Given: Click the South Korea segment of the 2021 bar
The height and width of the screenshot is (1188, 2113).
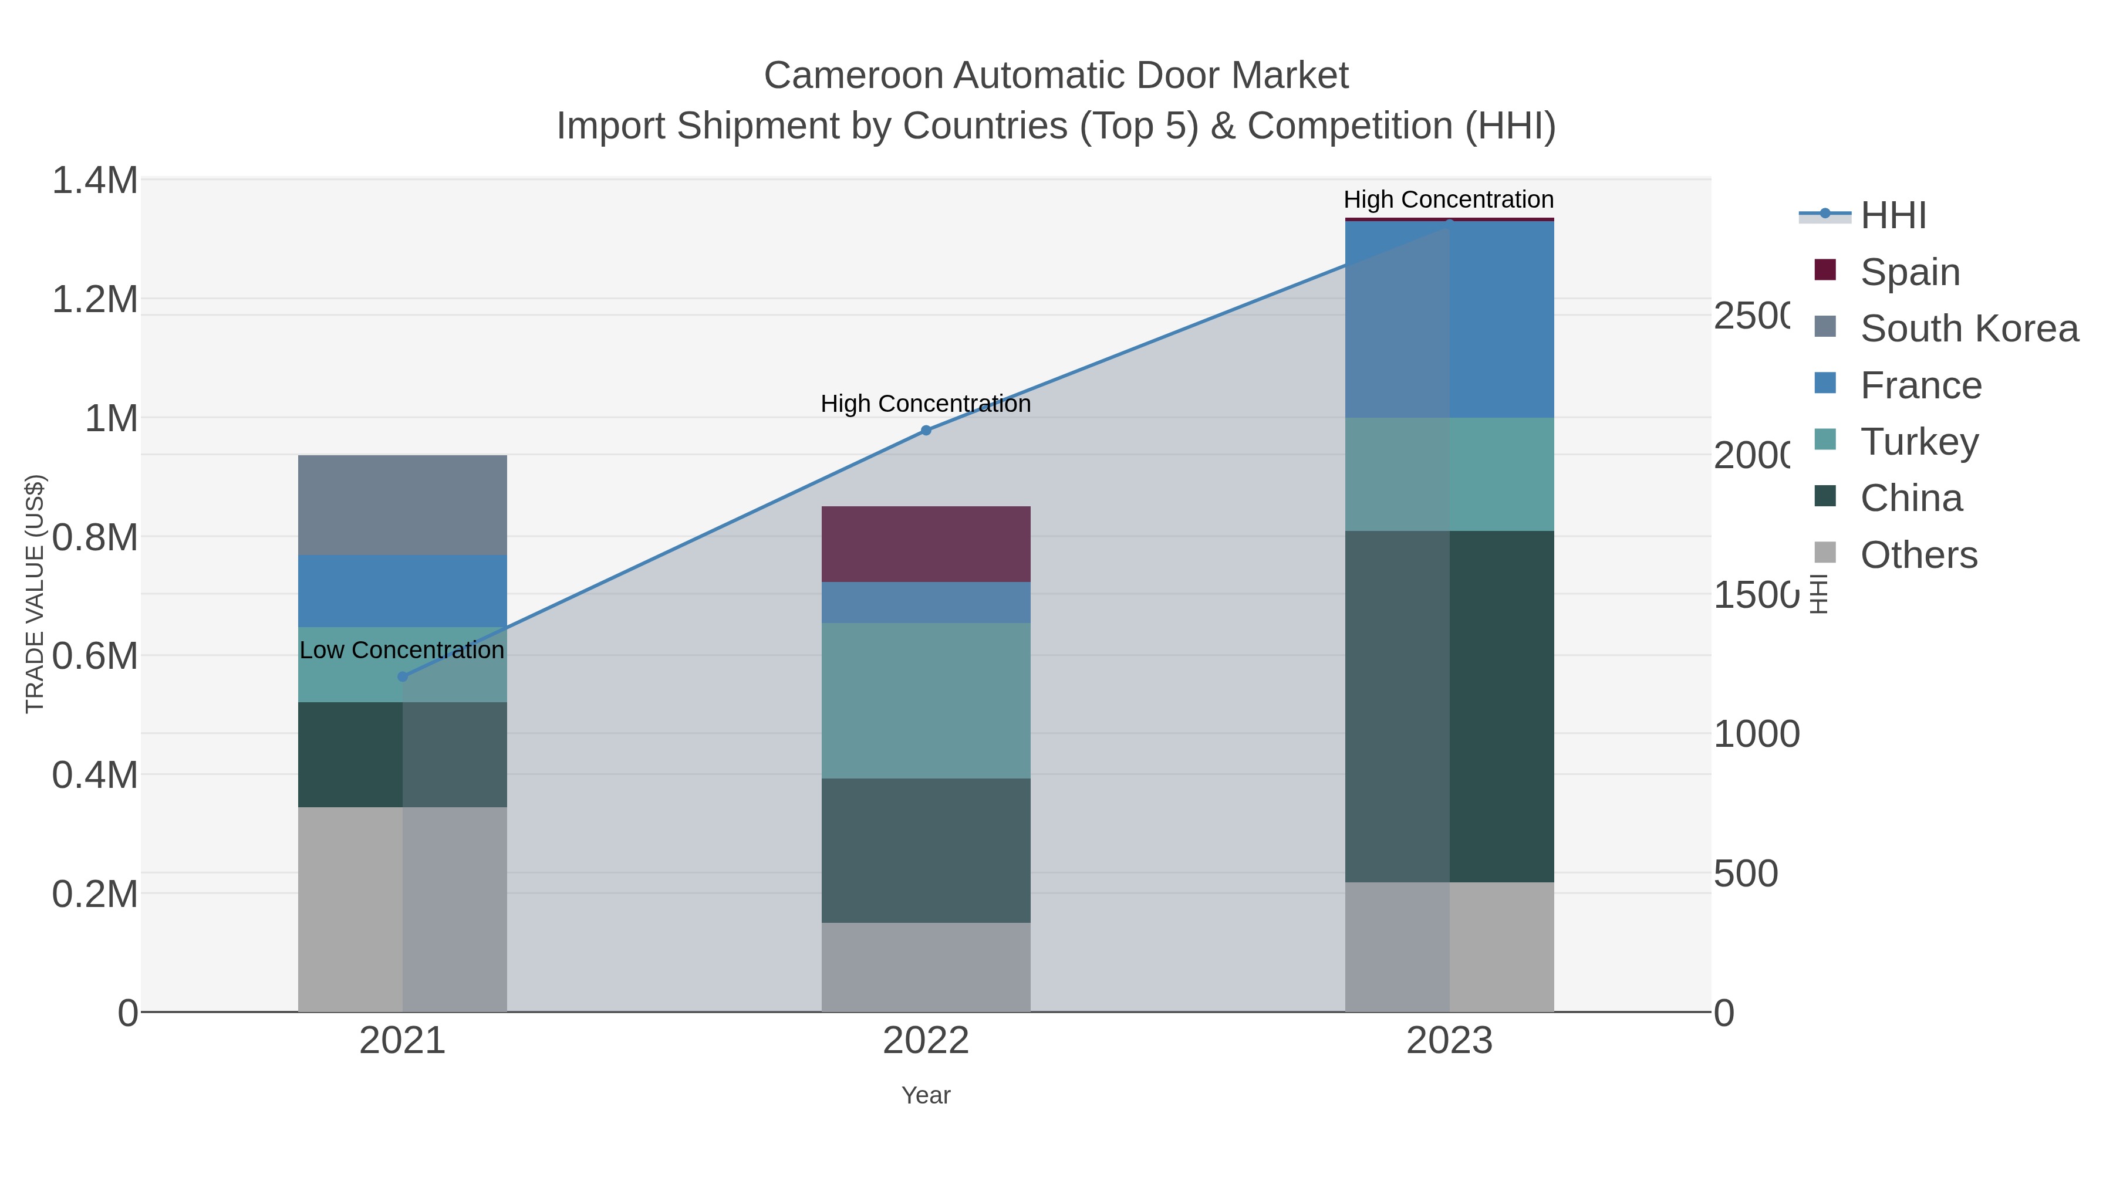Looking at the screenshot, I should click(402, 505).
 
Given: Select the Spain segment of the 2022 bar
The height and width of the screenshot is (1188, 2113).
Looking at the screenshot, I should click(925, 544).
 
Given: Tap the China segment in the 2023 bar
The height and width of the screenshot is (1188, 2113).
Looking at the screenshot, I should click(1449, 707).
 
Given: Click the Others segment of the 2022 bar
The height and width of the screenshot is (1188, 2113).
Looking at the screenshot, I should click(925, 967).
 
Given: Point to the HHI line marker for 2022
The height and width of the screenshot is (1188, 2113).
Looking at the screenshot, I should click(925, 431).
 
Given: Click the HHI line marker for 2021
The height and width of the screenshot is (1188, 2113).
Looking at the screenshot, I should click(402, 676).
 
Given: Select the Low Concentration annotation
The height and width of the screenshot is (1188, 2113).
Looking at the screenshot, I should click(402, 650).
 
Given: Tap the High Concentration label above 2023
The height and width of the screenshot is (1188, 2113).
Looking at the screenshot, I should click(1449, 199).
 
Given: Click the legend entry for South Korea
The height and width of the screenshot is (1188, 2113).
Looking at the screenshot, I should click(1969, 329).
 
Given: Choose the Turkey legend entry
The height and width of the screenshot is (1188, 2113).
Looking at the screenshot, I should click(1919, 442).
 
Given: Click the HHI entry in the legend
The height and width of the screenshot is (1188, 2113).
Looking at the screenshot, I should click(1893, 216).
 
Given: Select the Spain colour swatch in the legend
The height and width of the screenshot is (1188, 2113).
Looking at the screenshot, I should click(1825, 270).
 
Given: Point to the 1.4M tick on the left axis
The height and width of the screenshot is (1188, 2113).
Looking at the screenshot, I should click(95, 180).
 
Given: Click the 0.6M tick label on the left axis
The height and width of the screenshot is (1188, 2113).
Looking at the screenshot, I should click(95, 656).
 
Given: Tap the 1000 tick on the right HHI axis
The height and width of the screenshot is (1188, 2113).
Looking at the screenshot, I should click(1756, 734).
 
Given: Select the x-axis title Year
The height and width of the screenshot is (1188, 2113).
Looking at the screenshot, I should click(925, 1095).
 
